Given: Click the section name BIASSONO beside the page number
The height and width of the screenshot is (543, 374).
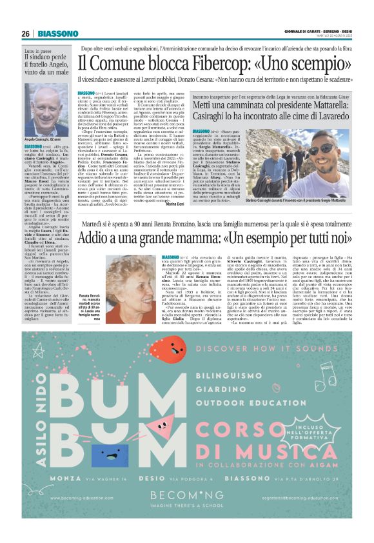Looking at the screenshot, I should tap(58, 34).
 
